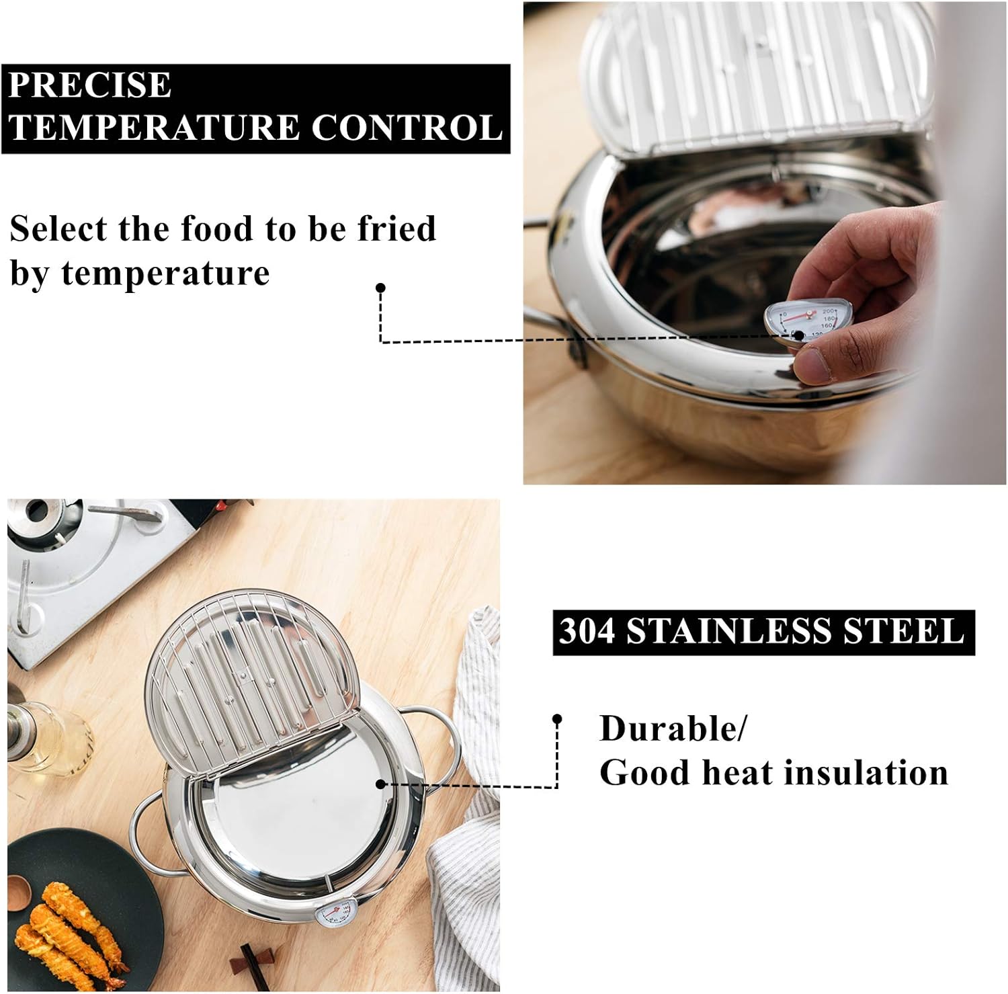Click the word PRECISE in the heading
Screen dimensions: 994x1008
tap(90, 85)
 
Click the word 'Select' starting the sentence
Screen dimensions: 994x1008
tap(58, 229)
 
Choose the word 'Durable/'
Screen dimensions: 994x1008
tap(673, 729)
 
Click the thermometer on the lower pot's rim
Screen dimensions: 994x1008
tap(334, 915)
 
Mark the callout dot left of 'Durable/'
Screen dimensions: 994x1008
tap(556, 719)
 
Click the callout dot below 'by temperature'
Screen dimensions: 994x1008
tap(380, 288)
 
